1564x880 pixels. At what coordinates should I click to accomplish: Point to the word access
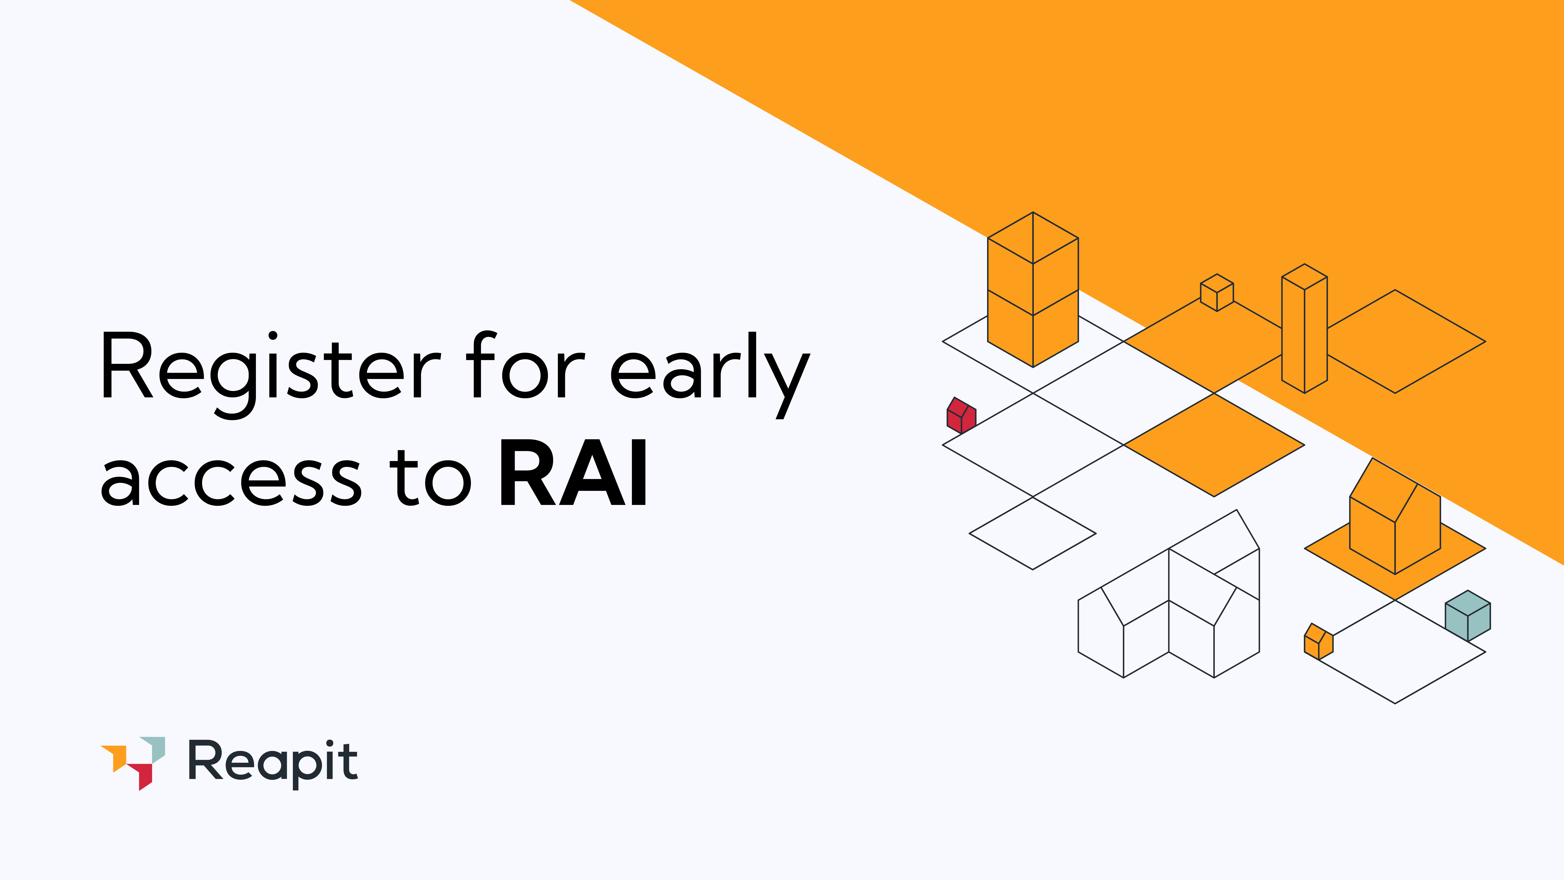pos(231,480)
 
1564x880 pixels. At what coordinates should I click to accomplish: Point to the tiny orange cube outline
pos(1217,293)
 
